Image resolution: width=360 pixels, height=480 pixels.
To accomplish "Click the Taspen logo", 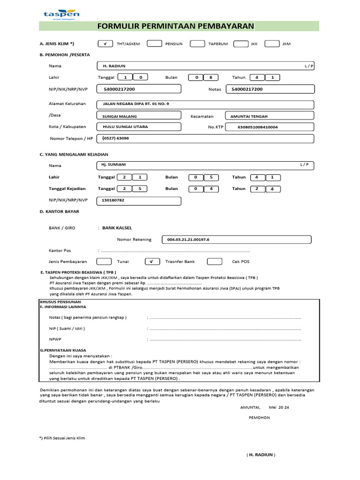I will click(x=61, y=13).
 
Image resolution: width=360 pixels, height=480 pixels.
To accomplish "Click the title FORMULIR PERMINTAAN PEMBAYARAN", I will click(x=176, y=26).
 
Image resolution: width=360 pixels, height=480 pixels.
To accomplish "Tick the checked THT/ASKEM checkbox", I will click(x=105, y=44).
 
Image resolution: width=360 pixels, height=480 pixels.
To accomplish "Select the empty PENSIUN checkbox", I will click(x=154, y=44).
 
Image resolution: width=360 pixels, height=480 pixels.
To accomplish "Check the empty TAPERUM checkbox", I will click(x=197, y=44).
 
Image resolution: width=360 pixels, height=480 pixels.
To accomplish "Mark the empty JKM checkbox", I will click(x=272, y=44).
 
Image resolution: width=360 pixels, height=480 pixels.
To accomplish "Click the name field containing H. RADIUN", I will click(x=205, y=66).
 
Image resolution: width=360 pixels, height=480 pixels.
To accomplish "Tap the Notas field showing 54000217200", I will click(x=270, y=89).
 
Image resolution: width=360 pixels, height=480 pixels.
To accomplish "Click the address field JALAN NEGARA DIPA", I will click(x=205, y=104).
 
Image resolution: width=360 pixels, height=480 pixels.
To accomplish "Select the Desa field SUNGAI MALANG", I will click(x=139, y=116).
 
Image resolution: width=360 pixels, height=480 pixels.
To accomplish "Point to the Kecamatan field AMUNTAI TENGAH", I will click(x=270, y=116).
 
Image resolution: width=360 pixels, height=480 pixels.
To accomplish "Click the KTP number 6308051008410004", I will click(x=270, y=127).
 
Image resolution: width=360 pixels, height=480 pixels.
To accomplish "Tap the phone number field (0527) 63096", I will click(x=205, y=138).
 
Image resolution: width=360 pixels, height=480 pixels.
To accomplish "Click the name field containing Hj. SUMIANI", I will click(x=205, y=165).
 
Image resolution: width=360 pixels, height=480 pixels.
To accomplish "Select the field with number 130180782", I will click(x=139, y=201).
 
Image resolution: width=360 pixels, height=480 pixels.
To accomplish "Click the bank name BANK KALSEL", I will click(x=117, y=228).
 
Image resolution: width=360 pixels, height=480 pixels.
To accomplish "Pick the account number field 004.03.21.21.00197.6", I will click(x=236, y=240).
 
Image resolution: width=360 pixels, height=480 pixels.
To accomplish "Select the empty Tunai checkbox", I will click(x=104, y=262).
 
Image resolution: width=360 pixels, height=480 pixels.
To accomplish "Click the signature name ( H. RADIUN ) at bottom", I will click(x=261, y=455).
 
